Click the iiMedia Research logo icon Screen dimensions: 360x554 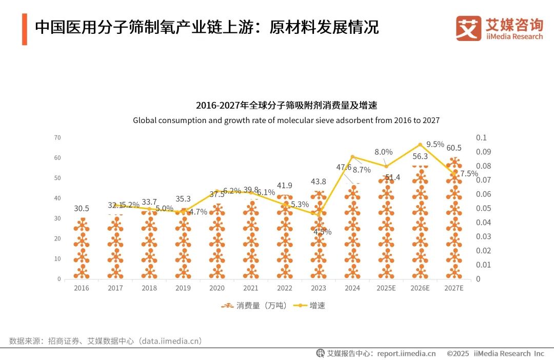tap(468, 29)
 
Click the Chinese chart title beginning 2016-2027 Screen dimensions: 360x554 tap(286, 106)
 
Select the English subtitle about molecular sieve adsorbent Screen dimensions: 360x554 tap(286, 121)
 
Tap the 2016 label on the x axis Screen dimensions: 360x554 tap(82, 288)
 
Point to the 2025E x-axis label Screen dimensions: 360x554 tap(386, 288)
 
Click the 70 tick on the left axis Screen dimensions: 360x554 tap(57, 137)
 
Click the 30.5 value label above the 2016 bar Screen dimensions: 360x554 tap(82, 209)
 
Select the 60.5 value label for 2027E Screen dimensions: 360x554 tap(454, 148)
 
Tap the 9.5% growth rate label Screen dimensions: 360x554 tap(435, 145)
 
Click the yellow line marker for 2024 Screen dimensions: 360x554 tap(352, 157)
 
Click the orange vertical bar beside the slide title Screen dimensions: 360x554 tap(24, 30)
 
